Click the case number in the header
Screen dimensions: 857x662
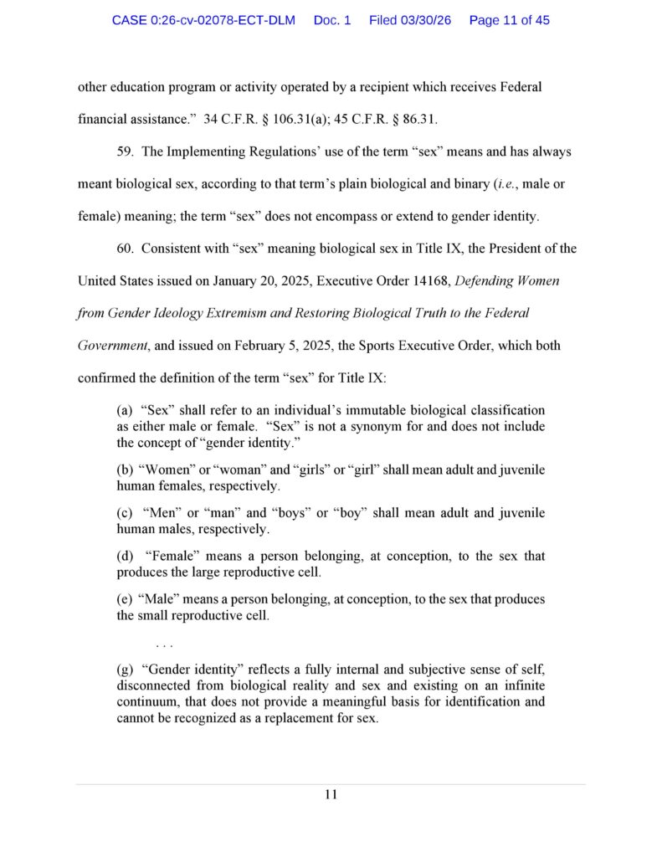pyautogui.click(x=203, y=20)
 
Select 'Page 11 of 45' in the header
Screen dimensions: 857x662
pyautogui.click(x=509, y=20)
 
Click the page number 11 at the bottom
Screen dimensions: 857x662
pyautogui.click(x=331, y=795)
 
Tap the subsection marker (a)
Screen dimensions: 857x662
pyautogui.click(x=125, y=411)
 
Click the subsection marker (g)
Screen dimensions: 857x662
pyautogui.click(x=125, y=670)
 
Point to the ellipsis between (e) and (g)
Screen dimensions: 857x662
pyautogui.click(x=164, y=644)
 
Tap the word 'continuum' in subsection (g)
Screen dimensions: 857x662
pyautogui.click(x=151, y=702)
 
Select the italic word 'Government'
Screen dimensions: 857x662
pyautogui.click(x=111, y=346)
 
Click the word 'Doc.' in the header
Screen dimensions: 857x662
pyautogui.click(x=332, y=20)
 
